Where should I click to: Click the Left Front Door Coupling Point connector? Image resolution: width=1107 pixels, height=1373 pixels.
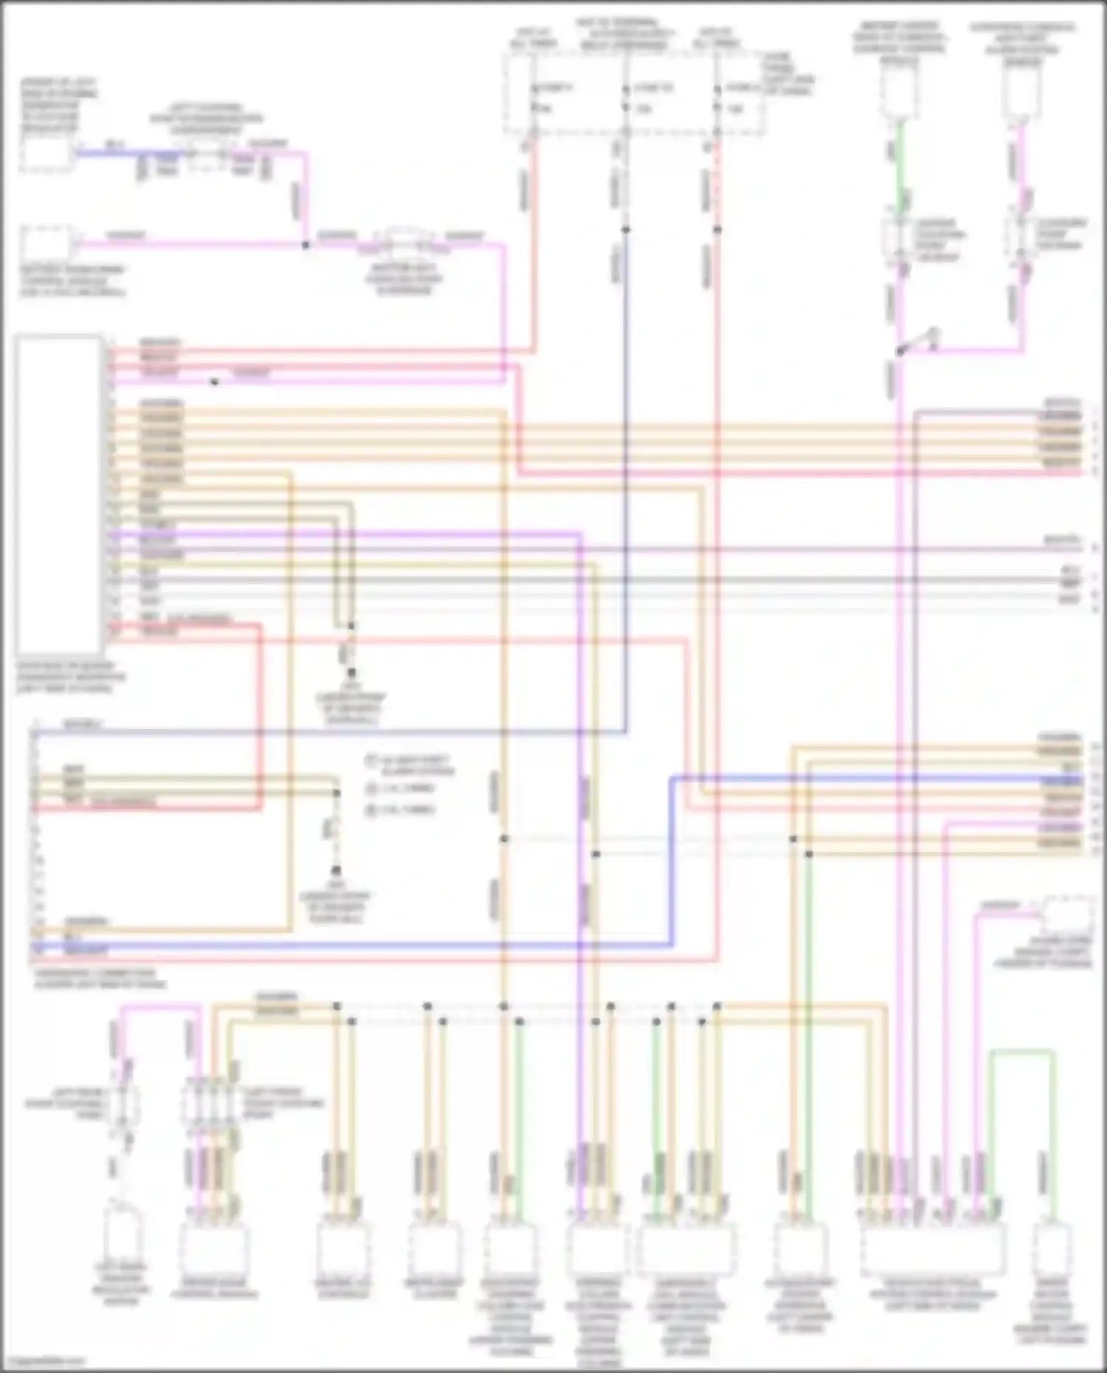(213, 1104)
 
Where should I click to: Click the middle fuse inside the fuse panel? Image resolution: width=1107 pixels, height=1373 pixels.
(625, 99)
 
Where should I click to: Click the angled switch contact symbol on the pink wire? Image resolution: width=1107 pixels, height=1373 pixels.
(919, 342)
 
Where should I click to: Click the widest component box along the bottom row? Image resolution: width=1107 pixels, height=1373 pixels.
(932, 1248)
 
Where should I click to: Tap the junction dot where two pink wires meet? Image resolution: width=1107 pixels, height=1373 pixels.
(306, 244)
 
